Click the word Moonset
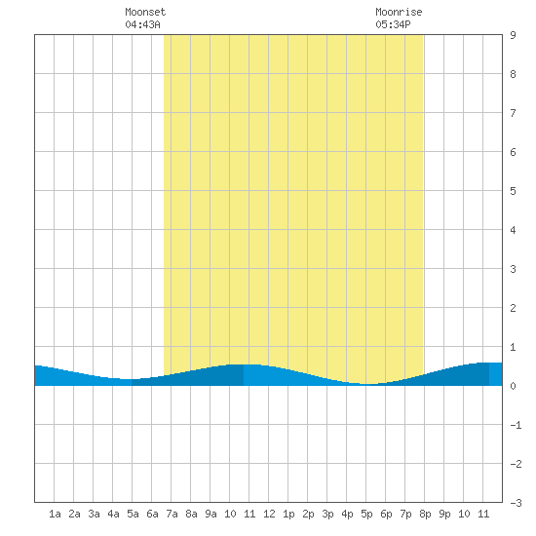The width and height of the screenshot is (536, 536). pyautogui.click(x=145, y=12)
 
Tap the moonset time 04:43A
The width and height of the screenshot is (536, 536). pyautogui.click(x=142, y=24)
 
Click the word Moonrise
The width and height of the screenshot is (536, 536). pyautogui.click(x=399, y=12)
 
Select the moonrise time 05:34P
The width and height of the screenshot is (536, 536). pyautogui.click(x=393, y=24)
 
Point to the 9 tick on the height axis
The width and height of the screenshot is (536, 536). pyautogui.click(x=513, y=35)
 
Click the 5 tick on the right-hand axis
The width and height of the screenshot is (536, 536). pyautogui.click(x=513, y=191)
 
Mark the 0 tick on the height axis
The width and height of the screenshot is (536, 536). pyautogui.click(x=513, y=386)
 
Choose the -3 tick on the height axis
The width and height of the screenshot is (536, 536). pyautogui.click(x=516, y=503)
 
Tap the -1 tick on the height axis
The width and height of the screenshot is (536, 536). pyautogui.click(x=516, y=425)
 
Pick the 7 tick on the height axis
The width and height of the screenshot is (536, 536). pyautogui.click(x=513, y=113)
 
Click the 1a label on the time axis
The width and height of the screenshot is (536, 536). pyautogui.click(x=55, y=514)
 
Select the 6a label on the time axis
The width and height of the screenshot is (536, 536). pyautogui.click(x=152, y=514)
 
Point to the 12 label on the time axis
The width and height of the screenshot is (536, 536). pyautogui.click(x=269, y=514)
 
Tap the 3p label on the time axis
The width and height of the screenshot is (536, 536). pyautogui.click(x=327, y=514)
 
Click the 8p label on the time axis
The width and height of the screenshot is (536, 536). pyautogui.click(x=425, y=514)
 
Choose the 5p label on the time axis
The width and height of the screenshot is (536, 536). pyautogui.click(x=366, y=514)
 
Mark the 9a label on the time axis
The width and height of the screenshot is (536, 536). pyautogui.click(x=211, y=514)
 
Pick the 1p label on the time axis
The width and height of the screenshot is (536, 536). pyautogui.click(x=288, y=514)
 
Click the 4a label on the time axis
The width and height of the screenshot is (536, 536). pyautogui.click(x=113, y=514)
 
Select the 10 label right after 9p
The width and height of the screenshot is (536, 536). pyautogui.click(x=464, y=514)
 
